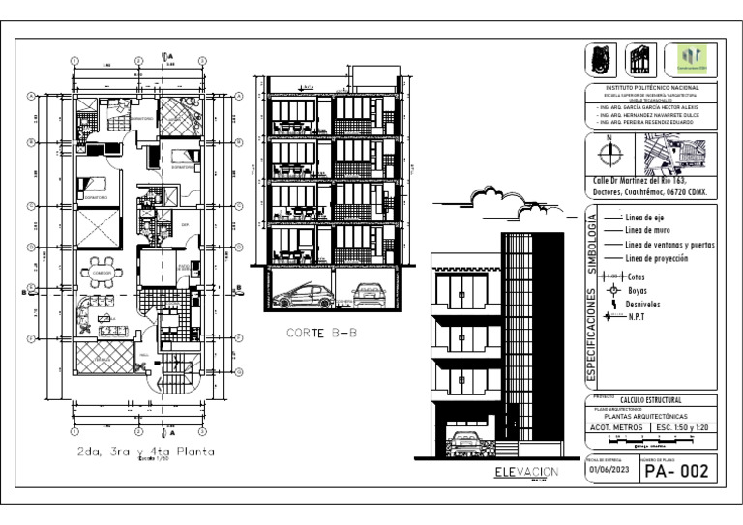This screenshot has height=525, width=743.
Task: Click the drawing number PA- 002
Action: pos(677,472)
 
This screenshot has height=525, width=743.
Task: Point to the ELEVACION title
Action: pos(526,472)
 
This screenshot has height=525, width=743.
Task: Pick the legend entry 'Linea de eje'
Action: pos(646,217)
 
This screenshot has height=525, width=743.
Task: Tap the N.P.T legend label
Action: pos(637,316)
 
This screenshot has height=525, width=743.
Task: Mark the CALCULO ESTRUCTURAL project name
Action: pos(650,399)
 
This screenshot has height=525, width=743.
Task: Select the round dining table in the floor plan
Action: pos(102,273)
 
